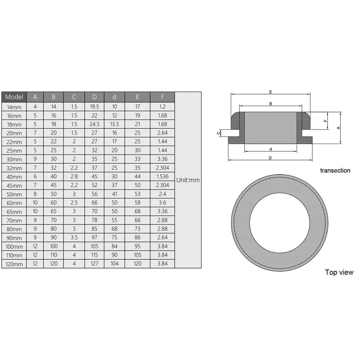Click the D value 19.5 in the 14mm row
[x=94, y=107]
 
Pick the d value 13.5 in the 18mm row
[x=114, y=124]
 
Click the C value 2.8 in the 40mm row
[x=74, y=177]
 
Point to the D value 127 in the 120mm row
[x=94, y=264]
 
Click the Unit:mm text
[x=188, y=180]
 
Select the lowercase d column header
[x=114, y=97]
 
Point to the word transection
[x=335, y=171]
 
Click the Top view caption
[x=339, y=272]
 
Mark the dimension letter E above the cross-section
[x=270, y=92]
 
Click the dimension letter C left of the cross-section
[x=218, y=132]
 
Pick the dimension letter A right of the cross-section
[x=338, y=127]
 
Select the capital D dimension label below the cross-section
[x=270, y=157]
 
